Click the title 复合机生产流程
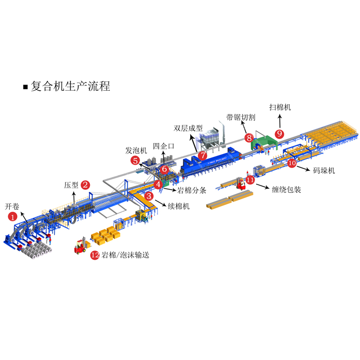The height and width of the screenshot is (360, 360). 71,86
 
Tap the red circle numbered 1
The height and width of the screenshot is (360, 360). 12,216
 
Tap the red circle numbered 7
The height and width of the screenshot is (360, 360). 203,155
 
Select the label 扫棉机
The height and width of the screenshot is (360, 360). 280,108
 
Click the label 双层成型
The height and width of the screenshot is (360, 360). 187,128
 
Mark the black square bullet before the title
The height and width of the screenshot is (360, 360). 25,87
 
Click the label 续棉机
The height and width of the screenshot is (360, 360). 178,206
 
